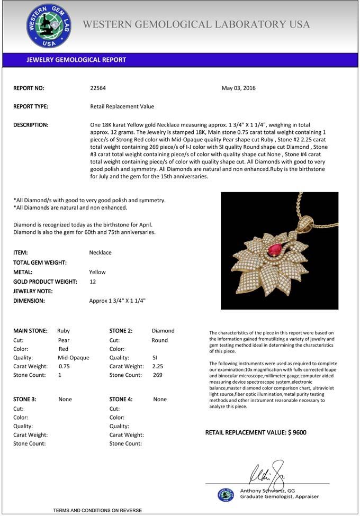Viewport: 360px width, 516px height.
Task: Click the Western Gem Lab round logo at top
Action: tap(49, 25)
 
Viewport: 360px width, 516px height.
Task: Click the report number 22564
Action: tap(98, 88)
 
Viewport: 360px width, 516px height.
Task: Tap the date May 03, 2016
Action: tap(238, 88)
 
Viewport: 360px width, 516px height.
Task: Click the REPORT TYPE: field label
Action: tap(31, 106)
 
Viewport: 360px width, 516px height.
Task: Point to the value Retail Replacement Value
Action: tap(122, 106)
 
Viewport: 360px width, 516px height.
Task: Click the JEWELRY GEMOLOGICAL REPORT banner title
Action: tap(76, 60)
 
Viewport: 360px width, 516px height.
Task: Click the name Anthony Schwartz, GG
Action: tap(267, 491)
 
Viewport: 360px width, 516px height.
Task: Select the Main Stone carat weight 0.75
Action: tap(64, 366)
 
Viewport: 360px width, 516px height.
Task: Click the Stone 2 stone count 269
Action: tap(157, 375)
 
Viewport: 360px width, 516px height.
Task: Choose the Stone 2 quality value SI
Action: tap(155, 358)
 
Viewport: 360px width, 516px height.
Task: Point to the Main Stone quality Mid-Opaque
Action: tap(73, 358)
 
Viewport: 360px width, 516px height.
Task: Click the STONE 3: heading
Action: tap(24, 400)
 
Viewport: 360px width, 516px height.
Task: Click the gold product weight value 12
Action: tap(93, 282)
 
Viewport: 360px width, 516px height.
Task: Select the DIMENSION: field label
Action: tap(29, 301)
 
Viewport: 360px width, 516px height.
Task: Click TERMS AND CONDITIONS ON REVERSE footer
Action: tap(97, 510)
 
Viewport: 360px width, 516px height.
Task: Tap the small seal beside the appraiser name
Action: tap(226, 494)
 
